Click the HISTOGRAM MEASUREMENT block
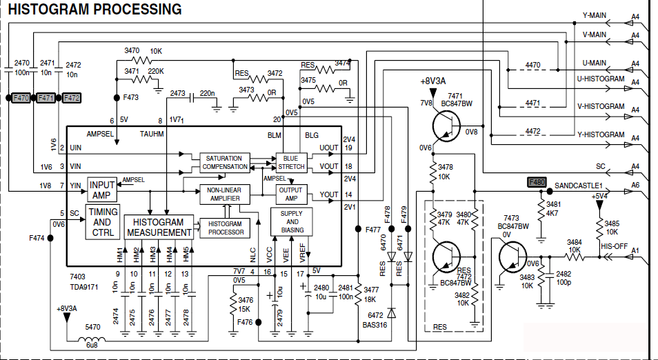[x=159, y=228]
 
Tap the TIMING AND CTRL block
[x=102, y=222]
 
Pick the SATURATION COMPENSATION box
[x=225, y=163]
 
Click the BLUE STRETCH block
[x=291, y=163]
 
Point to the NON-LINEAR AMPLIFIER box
[x=223, y=194]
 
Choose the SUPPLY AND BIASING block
[x=292, y=221]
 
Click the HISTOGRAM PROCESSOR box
[x=225, y=228]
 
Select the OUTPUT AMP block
[x=290, y=194]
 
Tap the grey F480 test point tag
[x=536, y=183]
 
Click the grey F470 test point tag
[x=21, y=99]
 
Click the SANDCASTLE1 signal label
[x=579, y=186]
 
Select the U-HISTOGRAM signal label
[x=601, y=79]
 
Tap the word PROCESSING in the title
[x=137, y=10]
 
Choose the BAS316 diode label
[x=375, y=323]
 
